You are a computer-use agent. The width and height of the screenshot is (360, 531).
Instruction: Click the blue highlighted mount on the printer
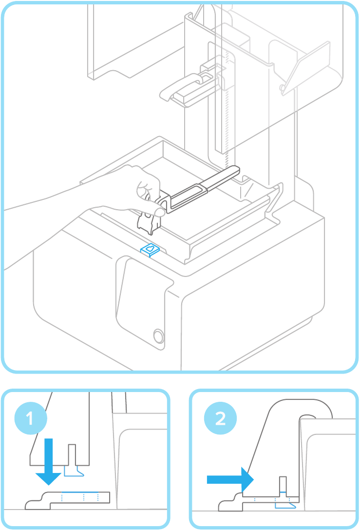click(x=150, y=250)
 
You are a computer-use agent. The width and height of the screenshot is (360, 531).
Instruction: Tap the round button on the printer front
click(x=158, y=336)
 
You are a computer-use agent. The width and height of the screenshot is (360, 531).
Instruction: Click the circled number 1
click(x=30, y=418)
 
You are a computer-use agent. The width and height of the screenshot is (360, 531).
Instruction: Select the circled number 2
click(x=220, y=418)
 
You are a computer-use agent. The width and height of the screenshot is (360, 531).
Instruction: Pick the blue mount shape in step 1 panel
click(x=74, y=471)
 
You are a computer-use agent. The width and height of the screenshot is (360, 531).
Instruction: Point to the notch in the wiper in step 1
click(x=72, y=453)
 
